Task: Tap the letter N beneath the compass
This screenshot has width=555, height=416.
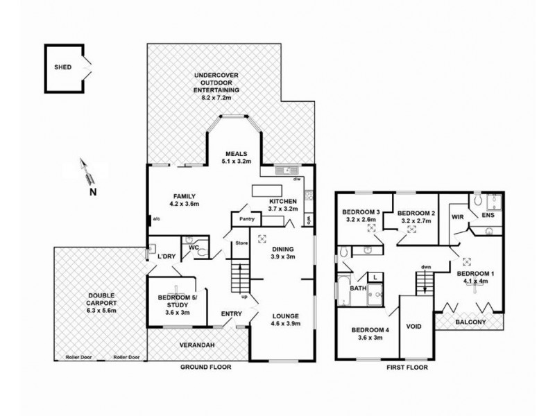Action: (x=92, y=192)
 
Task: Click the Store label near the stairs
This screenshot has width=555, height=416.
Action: (x=241, y=243)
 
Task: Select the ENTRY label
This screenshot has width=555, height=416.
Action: (x=232, y=313)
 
